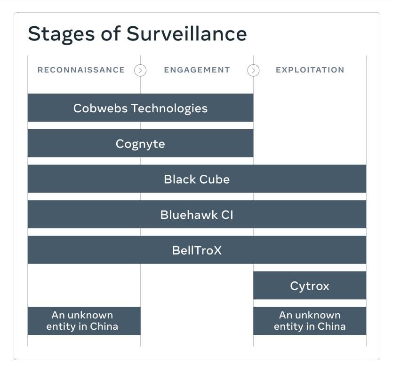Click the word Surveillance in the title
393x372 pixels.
point(187,33)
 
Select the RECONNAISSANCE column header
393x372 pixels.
point(81,70)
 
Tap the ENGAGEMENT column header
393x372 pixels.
point(197,70)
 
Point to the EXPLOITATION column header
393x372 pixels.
point(310,70)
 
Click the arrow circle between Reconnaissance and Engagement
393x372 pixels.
point(140,70)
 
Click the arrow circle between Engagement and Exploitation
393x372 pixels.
point(253,70)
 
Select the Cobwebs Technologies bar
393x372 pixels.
point(140,108)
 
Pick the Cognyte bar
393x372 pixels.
point(140,143)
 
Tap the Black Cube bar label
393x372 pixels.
point(197,179)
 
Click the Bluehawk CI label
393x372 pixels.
point(197,215)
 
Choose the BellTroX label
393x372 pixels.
point(197,250)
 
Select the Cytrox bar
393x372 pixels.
point(310,286)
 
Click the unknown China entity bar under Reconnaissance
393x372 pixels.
point(84,321)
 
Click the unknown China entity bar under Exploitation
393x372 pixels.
point(310,321)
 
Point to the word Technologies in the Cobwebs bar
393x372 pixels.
point(169,108)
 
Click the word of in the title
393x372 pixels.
point(111,33)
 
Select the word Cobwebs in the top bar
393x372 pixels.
point(101,108)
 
